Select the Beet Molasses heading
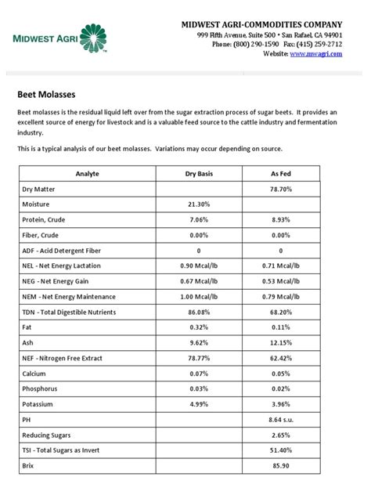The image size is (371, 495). pos(46,94)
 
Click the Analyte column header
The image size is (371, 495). pos(88,174)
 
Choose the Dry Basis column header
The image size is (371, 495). pos(198,174)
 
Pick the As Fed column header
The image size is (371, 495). pos(280,174)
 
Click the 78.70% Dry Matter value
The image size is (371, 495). pos(280,189)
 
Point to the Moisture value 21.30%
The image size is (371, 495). pos(198,204)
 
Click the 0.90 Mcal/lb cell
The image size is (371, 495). pos(198,266)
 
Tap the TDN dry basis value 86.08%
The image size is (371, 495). pos(198,313)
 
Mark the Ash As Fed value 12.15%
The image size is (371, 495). pos(280,343)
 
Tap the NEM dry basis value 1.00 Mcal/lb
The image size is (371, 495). pos(198,297)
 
